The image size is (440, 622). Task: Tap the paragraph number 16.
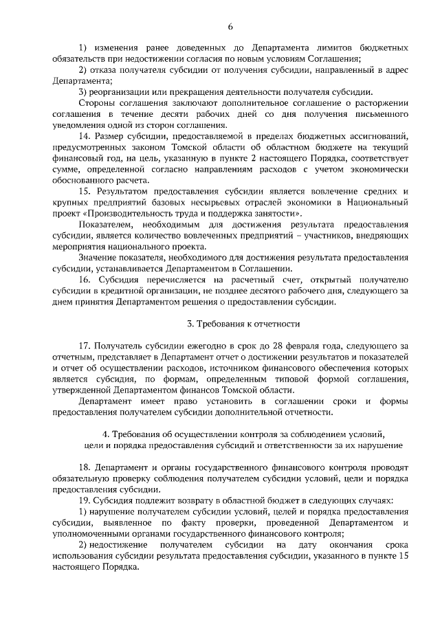[x=84, y=280]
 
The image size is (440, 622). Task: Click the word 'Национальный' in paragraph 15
[x=378, y=203]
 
